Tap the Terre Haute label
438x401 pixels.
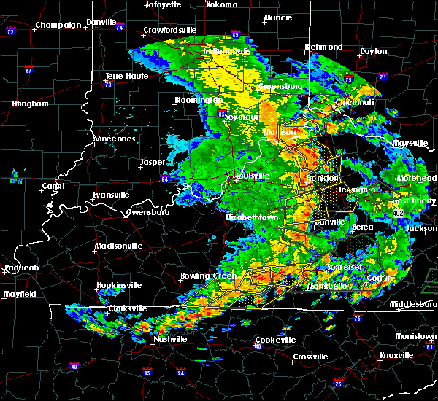point(123,76)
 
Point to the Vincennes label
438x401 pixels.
point(115,139)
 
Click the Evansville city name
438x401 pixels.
point(110,195)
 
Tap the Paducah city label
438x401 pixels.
point(21,268)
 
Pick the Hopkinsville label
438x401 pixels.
point(123,286)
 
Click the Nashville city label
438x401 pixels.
point(170,340)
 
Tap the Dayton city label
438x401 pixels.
point(374,52)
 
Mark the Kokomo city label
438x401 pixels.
point(222,4)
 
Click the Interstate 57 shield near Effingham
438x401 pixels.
point(28,71)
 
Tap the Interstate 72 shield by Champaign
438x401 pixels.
point(11,33)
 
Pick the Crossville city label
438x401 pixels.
point(310,357)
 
